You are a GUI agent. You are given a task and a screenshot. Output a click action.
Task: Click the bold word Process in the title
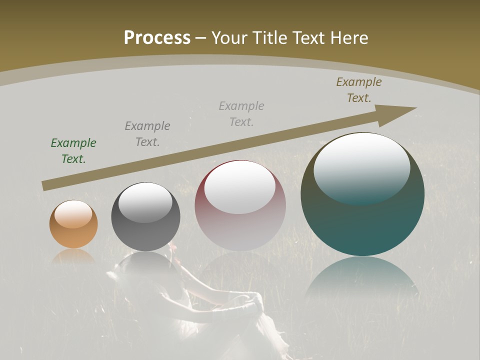pyautogui.click(x=157, y=38)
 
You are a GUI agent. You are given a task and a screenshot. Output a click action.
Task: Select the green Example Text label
pyautogui.click(x=73, y=151)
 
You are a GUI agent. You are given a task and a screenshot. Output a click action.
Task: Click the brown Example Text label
pyautogui.click(x=359, y=90)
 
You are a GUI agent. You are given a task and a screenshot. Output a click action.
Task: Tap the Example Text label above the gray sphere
pyautogui.click(x=147, y=134)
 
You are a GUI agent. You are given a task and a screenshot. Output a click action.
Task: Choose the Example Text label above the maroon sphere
pyautogui.click(x=241, y=113)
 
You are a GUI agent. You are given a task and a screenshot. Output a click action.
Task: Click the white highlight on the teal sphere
pyautogui.click(x=361, y=165)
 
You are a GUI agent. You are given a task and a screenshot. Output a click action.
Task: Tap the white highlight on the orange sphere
pyautogui.click(x=73, y=214)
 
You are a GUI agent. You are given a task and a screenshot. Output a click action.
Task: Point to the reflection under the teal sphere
pyautogui.click(x=361, y=280)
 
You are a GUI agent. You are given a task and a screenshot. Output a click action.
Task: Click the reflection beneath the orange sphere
pyautogui.click(x=73, y=256)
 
